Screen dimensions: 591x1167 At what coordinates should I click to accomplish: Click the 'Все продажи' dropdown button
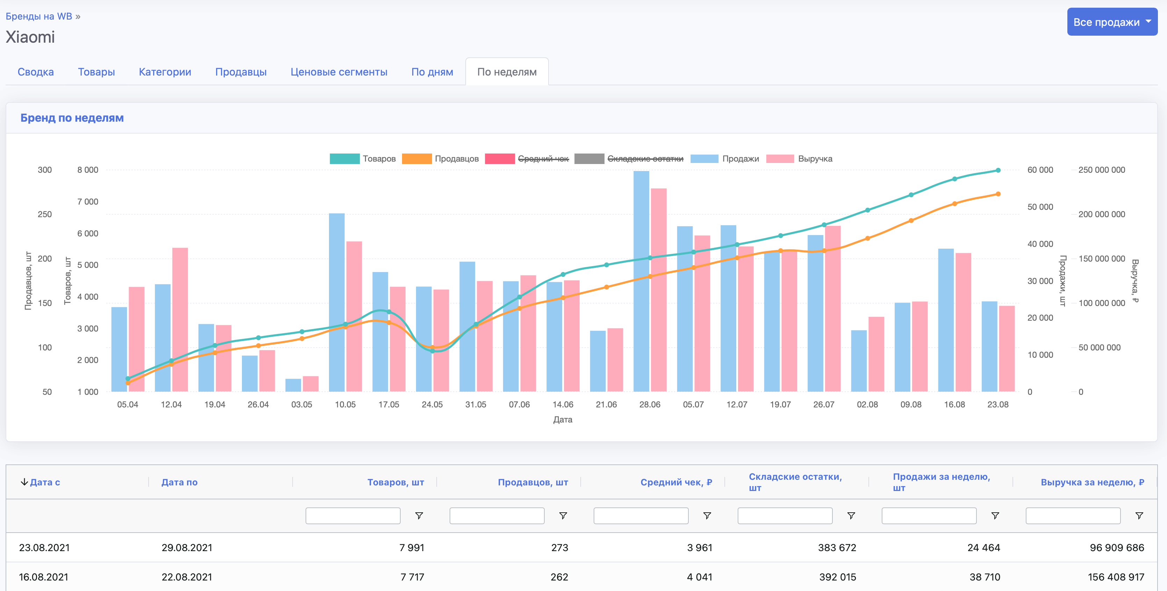pos(1112,22)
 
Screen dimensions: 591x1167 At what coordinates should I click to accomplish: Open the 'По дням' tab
pos(432,72)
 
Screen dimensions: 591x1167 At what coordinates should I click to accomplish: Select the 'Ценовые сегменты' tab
pos(338,72)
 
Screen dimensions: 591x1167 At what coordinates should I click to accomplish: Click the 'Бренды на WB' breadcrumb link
pos(39,16)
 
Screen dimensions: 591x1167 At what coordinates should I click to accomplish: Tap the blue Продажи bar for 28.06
pos(641,281)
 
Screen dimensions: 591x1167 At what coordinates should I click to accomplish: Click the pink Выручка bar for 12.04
pos(180,320)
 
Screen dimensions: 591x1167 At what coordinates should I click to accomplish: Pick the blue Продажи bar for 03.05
pos(293,385)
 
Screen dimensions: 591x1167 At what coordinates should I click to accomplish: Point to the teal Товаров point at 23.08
pos(998,170)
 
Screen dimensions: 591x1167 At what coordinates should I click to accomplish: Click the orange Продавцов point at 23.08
pos(998,194)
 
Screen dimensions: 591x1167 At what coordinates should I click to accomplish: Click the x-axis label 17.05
pos(388,404)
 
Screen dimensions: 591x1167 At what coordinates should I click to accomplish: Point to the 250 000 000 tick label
pos(1101,170)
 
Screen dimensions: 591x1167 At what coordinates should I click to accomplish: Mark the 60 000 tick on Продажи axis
pos(1040,170)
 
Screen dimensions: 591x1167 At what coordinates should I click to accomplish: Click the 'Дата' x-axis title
pos(562,420)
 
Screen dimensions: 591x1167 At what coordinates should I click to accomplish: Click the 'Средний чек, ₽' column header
pos(675,482)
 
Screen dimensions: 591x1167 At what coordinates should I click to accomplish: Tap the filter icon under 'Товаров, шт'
pos(419,516)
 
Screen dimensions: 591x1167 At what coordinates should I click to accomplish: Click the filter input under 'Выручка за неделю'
pos(1072,516)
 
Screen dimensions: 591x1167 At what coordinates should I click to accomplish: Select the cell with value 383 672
pos(837,548)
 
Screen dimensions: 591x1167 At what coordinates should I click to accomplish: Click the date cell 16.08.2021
pos(43,577)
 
